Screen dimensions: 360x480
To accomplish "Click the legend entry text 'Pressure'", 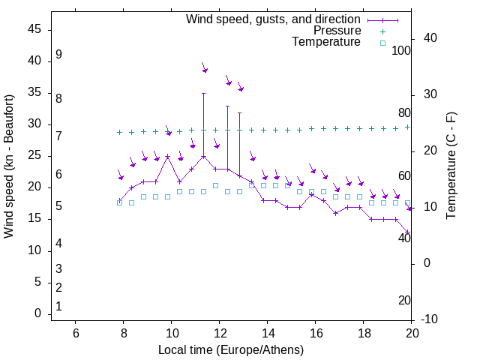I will tap(337, 31).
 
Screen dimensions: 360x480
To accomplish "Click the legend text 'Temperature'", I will tap(326, 42).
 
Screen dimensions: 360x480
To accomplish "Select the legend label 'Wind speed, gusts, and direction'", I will tap(274, 19).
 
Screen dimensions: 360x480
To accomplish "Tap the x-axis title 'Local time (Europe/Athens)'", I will tap(231, 350).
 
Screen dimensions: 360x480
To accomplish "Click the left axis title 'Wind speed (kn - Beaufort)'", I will tap(9, 166).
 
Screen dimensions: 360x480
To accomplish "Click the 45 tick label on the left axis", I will tap(34, 29).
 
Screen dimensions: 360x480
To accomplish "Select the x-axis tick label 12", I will tap(219, 334).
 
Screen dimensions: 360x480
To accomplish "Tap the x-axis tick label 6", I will tap(75, 334).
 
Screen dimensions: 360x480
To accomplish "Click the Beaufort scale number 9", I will tap(58, 55).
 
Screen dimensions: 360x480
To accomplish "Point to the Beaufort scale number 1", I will tap(58, 307).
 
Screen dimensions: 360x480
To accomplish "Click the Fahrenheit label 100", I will tap(402, 51).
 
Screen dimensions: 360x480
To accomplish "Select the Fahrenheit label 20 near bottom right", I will tap(404, 301).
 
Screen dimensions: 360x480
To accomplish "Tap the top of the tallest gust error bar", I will tap(203, 94).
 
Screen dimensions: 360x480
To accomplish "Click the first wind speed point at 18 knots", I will tap(119, 200).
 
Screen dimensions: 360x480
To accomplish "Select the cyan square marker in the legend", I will tap(382, 43).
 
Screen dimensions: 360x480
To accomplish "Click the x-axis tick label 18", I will tap(363, 334).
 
